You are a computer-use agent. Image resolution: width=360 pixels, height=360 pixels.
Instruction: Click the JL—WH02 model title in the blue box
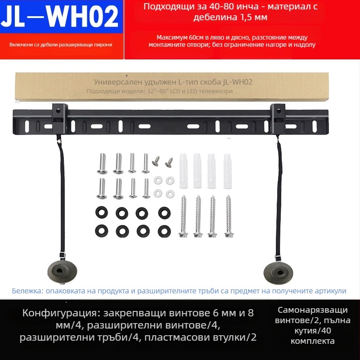[60, 17]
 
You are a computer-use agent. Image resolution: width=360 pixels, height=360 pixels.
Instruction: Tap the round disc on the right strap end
[278, 273]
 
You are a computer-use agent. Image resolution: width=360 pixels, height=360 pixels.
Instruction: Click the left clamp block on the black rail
[60, 118]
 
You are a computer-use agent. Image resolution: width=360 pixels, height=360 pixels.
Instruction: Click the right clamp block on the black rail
[278, 118]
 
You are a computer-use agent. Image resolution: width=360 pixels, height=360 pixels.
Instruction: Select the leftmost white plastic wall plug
[184, 171]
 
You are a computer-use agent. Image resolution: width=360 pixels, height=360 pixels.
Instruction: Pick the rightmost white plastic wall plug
[227, 171]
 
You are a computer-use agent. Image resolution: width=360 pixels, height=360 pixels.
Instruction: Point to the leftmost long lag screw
[183, 216]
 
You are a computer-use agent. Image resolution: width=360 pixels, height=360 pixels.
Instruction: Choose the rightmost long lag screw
[229, 216]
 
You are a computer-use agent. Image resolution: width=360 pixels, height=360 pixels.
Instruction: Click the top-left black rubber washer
[102, 212]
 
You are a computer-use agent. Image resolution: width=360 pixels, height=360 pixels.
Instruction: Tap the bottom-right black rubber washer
[164, 231]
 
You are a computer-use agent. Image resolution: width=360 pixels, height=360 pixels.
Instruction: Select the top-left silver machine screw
[102, 163]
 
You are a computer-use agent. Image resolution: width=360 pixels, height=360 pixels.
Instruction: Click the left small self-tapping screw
[156, 161]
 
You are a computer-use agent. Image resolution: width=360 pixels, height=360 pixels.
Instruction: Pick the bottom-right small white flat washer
[170, 194]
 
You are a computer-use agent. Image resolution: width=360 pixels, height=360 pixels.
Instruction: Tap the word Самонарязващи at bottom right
[312, 310]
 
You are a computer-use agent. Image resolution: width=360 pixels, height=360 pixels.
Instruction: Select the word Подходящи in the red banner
[169, 7]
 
